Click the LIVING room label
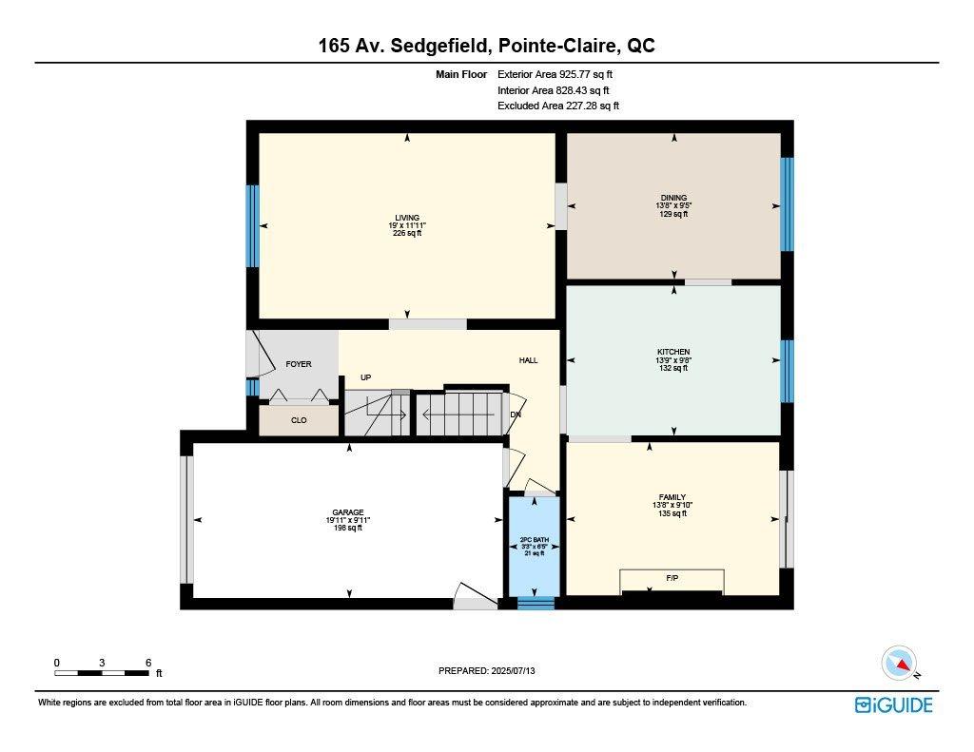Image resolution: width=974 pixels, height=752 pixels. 407,218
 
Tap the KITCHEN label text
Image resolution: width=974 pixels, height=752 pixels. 672,352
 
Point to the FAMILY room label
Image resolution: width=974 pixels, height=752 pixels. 672,496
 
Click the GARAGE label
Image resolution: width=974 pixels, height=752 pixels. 348,512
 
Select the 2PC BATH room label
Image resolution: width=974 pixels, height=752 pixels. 533,540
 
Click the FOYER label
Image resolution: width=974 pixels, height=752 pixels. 299,364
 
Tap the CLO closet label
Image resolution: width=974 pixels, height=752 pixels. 299,420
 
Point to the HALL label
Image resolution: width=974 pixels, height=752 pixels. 528,360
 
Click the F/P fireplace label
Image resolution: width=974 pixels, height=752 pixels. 672,578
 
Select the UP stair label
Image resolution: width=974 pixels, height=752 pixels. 365,377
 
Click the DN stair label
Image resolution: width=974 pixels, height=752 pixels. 516,415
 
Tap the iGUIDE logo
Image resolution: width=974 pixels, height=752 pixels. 893,704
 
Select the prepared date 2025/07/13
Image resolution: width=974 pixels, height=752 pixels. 494,671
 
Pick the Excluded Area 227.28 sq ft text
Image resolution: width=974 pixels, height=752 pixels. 558,106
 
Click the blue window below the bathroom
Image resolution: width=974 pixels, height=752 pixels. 535,603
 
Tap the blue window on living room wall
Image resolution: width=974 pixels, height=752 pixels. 252,226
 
